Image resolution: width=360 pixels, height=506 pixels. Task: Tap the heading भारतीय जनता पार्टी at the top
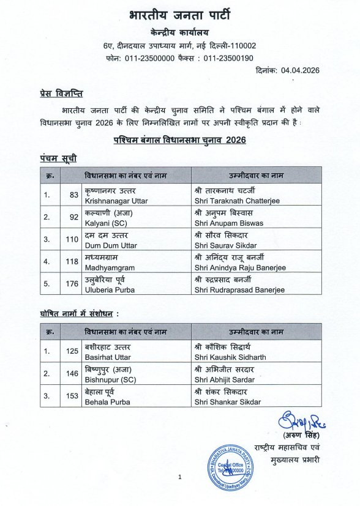180,15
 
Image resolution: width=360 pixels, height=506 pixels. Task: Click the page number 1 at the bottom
180,477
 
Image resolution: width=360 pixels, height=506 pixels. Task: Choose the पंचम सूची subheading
54,158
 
